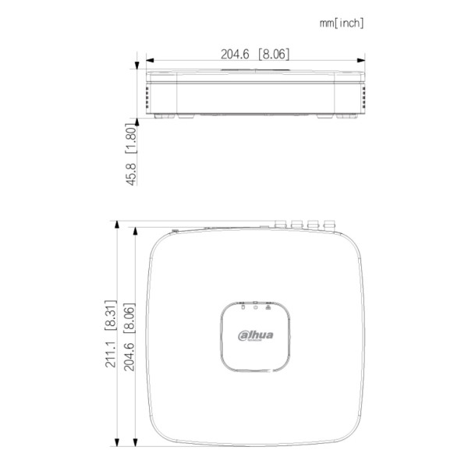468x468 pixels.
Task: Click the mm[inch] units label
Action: [x=342, y=23]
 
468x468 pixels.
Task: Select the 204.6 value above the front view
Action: [x=235, y=54]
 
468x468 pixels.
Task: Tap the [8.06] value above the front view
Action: [x=274, y=54]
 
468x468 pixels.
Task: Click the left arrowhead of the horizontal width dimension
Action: [x=150, y=60]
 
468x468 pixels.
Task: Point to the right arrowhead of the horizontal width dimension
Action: [x=361, y=60]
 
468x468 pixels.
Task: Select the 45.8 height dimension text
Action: [x=132, y=174]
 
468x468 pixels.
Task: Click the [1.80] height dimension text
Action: [x=132, y=138]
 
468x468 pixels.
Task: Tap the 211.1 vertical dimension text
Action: [x=110, y=354]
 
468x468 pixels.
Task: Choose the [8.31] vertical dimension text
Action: [x=110, y=315]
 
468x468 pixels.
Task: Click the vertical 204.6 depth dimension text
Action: [x=129, y=356]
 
